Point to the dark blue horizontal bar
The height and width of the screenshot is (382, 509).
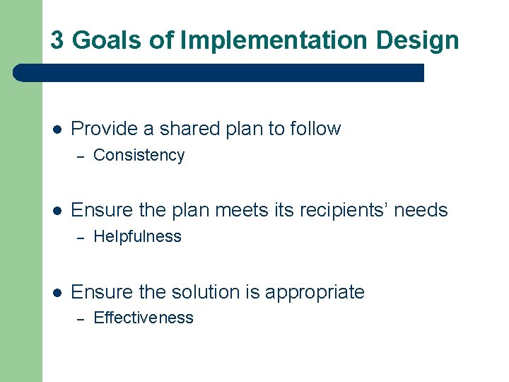[x=219, y=73]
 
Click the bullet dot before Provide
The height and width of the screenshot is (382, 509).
[x=58, y=129]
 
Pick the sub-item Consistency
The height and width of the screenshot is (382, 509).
[x=139, y=156]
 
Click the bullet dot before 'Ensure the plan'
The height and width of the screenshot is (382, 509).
[x=58, y=211]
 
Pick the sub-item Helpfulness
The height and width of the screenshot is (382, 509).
[x=137, y=237]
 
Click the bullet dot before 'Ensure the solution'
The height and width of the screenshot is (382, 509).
[x=58, y=292]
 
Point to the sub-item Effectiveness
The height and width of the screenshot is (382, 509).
[x=143, y=318]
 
